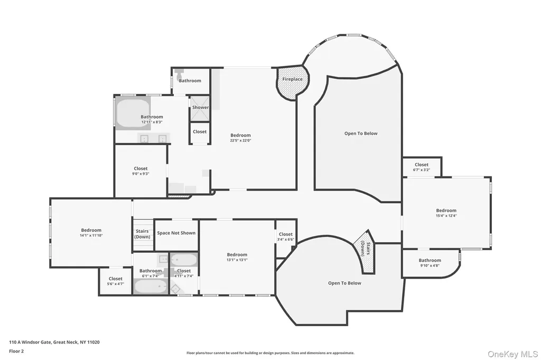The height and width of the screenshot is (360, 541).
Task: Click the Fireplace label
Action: pyautogui.click(x=292, y=79)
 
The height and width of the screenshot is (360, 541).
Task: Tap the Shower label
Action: pyautogui.click(x=200, y=107)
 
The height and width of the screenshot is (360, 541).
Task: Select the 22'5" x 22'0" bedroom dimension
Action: pyautogui.click(x=240, y=140)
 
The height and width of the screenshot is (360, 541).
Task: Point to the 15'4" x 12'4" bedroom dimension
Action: pyautogui.click(x=446, y=215)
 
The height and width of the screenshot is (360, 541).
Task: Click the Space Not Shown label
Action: pyautogui.click(x=176, y=233)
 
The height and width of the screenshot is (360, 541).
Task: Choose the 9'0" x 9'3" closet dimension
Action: pyautogui.click(x=141, y=174)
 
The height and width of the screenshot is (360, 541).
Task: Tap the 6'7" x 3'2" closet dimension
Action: pyautogui.click(x=422, y=169)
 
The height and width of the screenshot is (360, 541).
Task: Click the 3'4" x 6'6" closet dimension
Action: pyautogui.click(x=286, y=239)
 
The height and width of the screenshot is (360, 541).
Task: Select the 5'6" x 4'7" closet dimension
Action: pyautogui.click(x=116, y=284)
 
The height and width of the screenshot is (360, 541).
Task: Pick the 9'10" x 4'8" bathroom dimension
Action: pyautogui.click(x=430, y=266)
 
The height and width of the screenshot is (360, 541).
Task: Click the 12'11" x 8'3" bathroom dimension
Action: pyautogui.click(x=152, y=122)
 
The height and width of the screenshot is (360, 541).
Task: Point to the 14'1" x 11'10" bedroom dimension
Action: pyautogui.click(x=91, y=235)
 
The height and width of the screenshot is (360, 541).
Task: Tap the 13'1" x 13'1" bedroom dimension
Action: pyautogui.click(x=237, y=260)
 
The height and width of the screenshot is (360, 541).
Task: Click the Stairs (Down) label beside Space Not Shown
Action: pyautogui.click(x=142, y=234)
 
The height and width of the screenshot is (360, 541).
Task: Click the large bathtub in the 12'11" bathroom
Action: pyautogui.click(x=133, y=113)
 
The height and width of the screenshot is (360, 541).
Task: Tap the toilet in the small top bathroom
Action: pyautogui.click(x=180, y=73)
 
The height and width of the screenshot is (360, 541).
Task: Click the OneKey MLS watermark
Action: pyautogui.click(x=512, y=354)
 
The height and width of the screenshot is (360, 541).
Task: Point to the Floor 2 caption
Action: pyautogui.click(x=16, y=352)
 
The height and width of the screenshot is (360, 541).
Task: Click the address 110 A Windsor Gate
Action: pyautogui.click(x=30, y=343)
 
